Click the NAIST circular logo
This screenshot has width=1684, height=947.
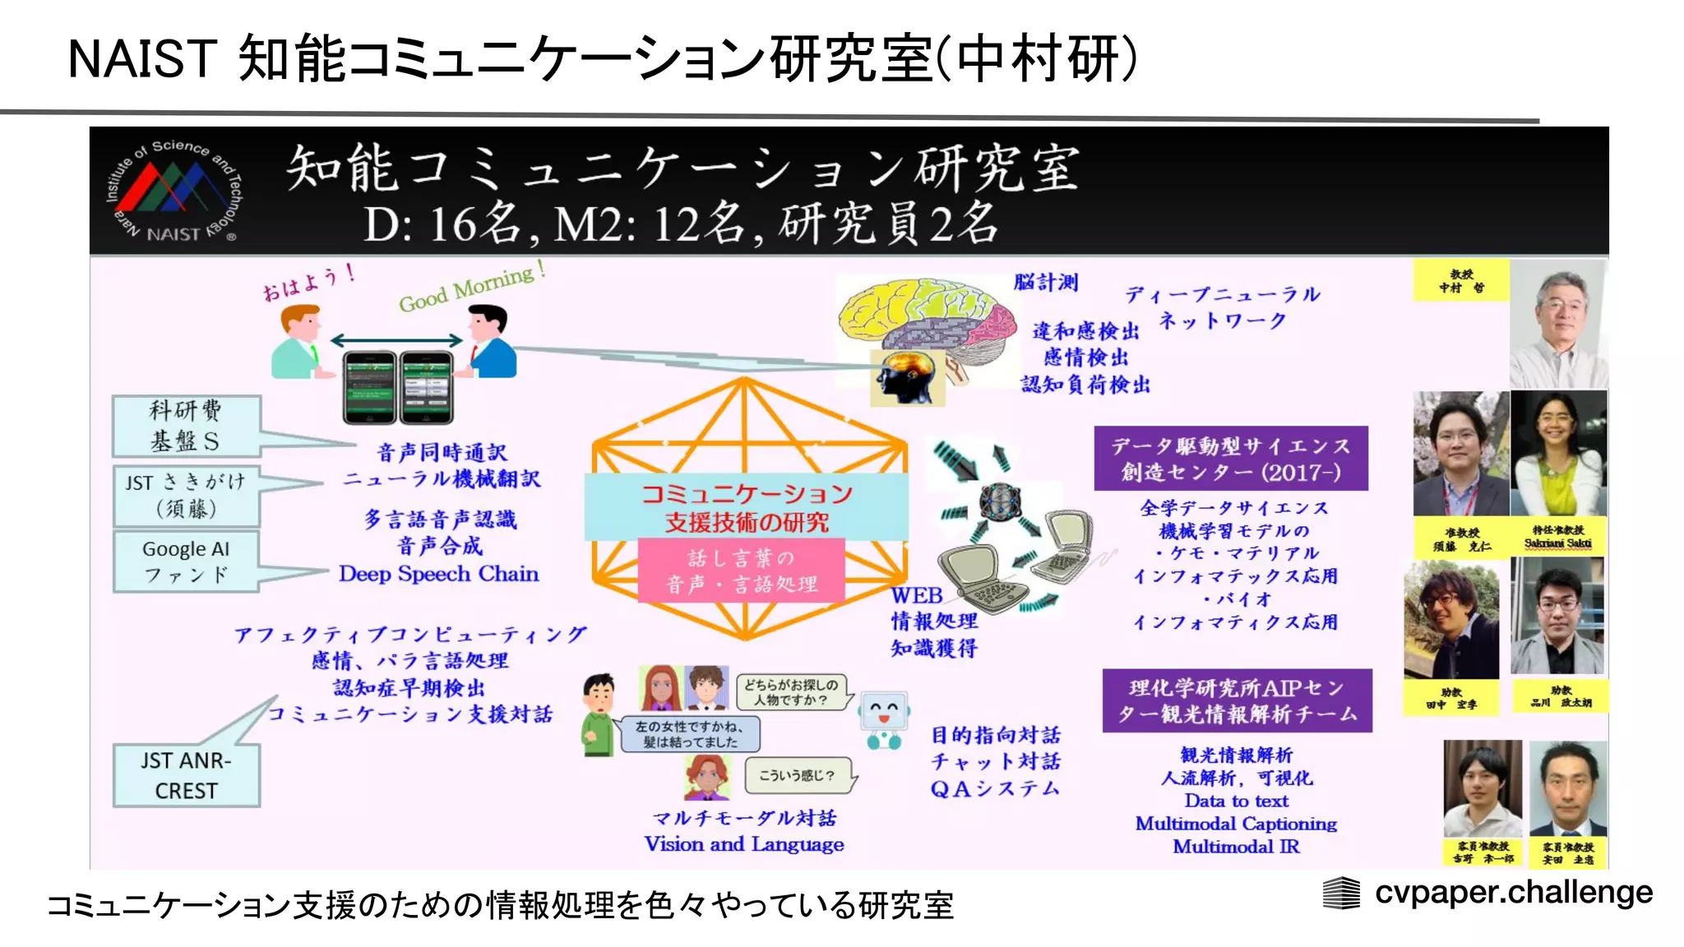pyautogui.click(x=173, y=192)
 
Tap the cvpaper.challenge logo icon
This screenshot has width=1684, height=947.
pyautogui.click(x=1340, y=893)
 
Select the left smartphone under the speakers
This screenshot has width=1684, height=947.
pyautogui.click(x=368, y=386)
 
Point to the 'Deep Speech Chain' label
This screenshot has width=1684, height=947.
pyautogui.click(x=438, y=574)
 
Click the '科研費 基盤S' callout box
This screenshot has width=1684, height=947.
pyautogui.click(x=187, y=426)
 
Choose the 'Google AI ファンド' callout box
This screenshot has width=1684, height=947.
pyautogui.click(x=187, y=561)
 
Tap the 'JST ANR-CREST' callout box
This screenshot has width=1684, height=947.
pyautogui.click(x=187, y=775)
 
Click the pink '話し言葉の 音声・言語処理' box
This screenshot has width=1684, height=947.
pyautogui.click(x=742, y=571)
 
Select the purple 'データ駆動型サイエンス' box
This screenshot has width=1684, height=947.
pyautogui.click(x=1230, y=458)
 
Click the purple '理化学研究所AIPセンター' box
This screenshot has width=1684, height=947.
pyautogui.click(x=1237, y=700)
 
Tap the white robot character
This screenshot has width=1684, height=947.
pyautogui.click(x=884, y=720)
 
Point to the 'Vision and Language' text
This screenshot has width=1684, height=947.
pyautogui.click(x=743, y=844)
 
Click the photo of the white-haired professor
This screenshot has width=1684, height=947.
pyautogui.click(x=1558, y=325)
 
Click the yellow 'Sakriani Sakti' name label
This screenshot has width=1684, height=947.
pyautogui.click(x=1558, y=537)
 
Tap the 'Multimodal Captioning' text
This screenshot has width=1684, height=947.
pyautogui.click(x=1236, y=824)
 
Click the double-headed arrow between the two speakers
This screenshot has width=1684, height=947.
pyautogui.click(x=397, y=340)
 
